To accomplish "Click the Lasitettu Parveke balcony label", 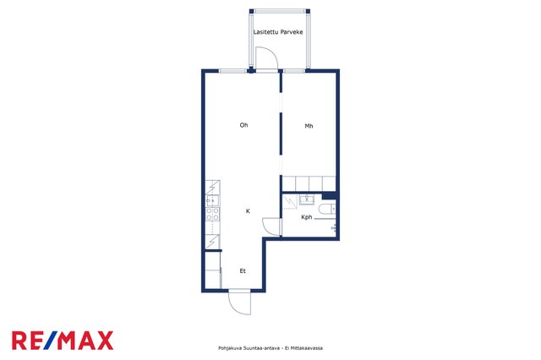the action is point(278,32).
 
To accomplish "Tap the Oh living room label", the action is point(243,125).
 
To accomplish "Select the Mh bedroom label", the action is point(309,126).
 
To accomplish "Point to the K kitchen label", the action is point(248,211).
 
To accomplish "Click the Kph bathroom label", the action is point(306,217).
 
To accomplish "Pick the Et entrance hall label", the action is point(243,271).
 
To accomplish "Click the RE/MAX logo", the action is point(63,341).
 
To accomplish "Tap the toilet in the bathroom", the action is point(327,209).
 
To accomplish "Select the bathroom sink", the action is point(306,199).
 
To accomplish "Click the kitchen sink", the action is point(212,200).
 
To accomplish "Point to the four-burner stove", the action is point(212,214).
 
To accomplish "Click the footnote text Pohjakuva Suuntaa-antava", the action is point(249,348).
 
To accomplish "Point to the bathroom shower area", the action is point(290,202).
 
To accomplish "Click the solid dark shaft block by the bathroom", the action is point(329,195).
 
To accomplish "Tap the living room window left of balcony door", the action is point(233,71).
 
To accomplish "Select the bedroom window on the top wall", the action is point(294,71).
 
